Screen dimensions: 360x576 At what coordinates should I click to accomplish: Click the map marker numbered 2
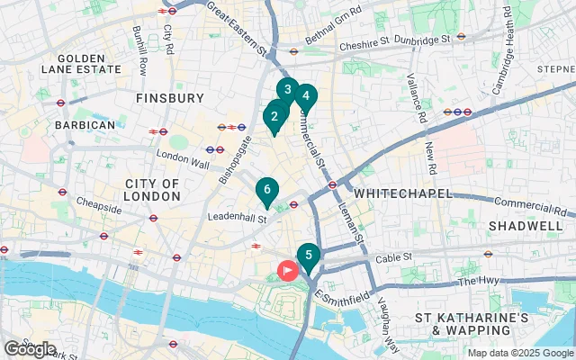click(x=274, y=116)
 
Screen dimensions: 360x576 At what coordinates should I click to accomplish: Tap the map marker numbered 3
click(x=287, y=90)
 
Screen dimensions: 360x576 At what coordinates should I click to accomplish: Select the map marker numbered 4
click(x=306, y=96)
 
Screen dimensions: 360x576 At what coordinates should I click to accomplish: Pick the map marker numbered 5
click(x=309, y=255)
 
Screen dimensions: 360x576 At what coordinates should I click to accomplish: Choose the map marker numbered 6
click(x=266, y=190)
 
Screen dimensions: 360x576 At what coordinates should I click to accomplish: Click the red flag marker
click(x=289, y=269)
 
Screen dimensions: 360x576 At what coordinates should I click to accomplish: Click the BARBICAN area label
click(x=85, y=125)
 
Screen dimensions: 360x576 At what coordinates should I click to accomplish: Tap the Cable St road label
click(x=393, y=256)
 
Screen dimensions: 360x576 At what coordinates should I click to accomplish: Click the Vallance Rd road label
click(x=420, y=99)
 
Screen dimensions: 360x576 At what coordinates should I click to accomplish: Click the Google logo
click(x=30, y=348)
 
